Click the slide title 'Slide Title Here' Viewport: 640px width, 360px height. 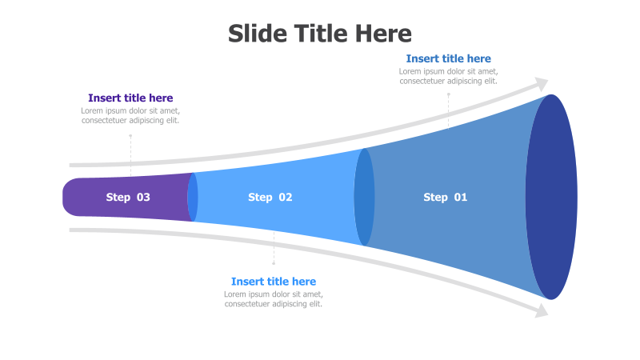320,34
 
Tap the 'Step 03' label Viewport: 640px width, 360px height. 128,197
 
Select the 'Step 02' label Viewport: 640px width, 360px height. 270,197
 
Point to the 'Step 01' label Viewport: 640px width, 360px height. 445,197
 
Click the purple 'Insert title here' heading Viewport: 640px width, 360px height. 130,98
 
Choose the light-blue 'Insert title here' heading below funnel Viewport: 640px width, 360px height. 274,282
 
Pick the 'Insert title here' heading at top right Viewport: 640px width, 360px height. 448,58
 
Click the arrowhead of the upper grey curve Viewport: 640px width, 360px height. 542,84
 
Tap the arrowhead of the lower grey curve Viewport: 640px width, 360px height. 542,310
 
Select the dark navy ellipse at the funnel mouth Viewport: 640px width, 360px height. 551,197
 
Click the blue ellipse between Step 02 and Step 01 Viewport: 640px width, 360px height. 364,197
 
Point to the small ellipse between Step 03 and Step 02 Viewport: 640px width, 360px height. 193,197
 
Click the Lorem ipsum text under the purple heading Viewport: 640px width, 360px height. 130,116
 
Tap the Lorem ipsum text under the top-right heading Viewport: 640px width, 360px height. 448,76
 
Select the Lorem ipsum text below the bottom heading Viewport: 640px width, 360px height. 274,299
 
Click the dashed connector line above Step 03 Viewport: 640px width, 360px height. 130,154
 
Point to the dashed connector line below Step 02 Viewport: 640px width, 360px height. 274,248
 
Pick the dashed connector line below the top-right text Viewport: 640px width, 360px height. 448,110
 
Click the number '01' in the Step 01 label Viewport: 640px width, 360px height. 460,197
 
